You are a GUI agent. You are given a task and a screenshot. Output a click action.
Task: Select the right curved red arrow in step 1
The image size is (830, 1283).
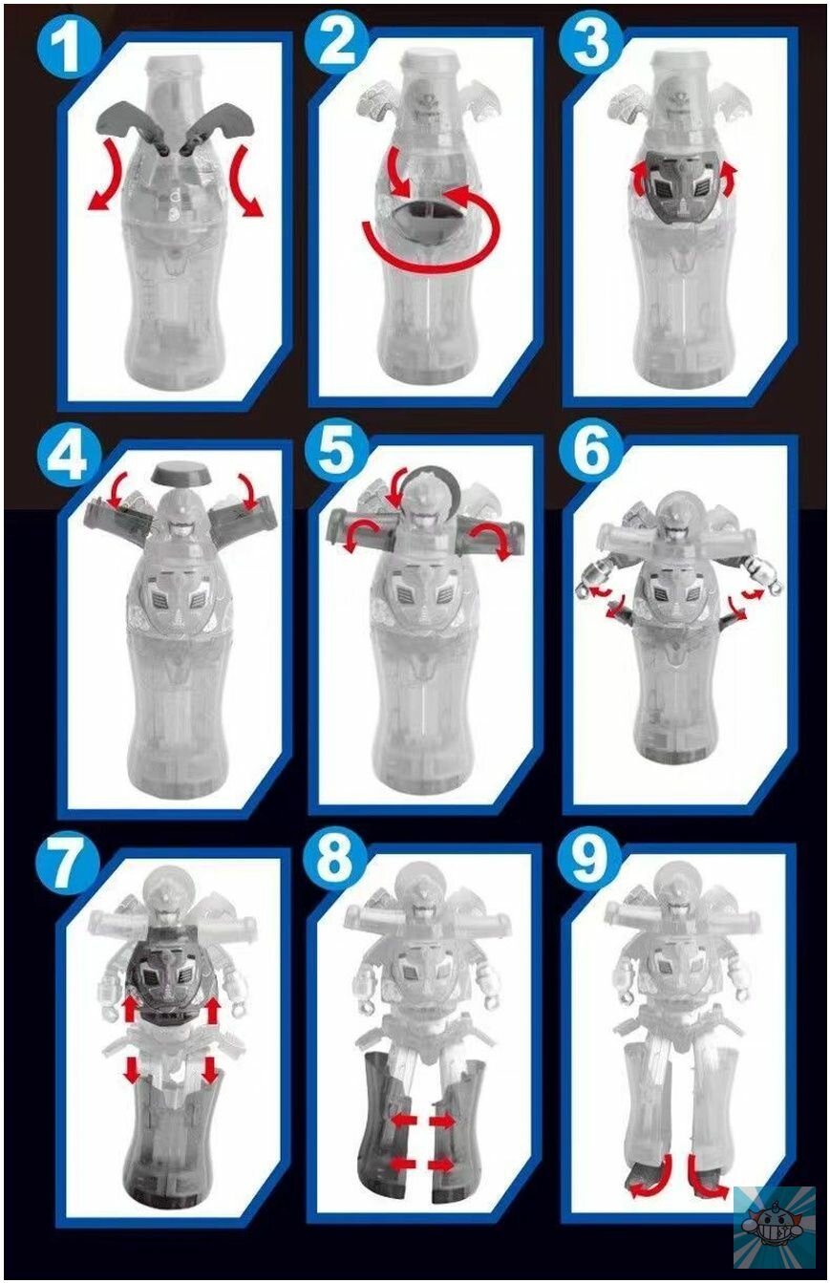tap(246, 181)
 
